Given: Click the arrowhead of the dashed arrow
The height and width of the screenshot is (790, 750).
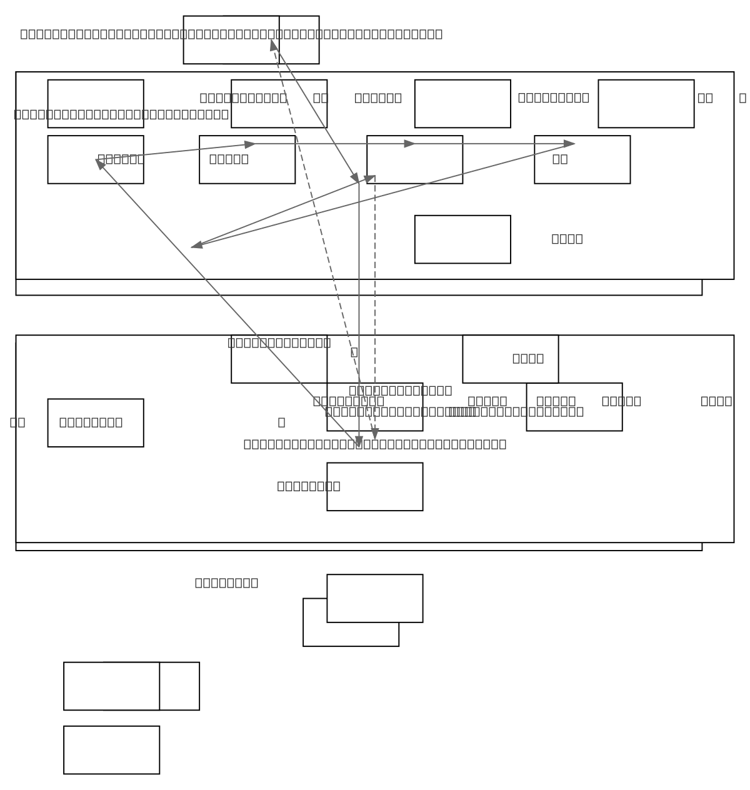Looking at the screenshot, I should click(x=374, y=434).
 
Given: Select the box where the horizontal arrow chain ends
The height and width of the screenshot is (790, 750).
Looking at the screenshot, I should click(x=582, y=159).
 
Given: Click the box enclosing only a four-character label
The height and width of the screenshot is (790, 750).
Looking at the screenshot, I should click(x=510, y=359).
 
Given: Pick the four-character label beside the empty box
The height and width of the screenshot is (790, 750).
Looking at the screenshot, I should click(x=567, y=239).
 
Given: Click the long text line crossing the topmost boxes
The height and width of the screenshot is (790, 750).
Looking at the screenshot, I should click(x=231, y=34).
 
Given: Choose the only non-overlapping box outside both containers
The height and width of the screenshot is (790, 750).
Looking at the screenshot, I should click(x=111, y=750).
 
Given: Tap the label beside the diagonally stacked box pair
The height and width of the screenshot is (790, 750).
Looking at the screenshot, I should click(x=226, y=582).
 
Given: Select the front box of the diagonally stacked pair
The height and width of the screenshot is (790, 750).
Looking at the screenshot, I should click(x=374, y=598).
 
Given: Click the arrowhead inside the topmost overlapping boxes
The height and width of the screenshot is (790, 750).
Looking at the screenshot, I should click(x=273, y=45).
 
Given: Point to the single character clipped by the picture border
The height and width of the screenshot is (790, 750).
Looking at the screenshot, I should click(x=742, y=97).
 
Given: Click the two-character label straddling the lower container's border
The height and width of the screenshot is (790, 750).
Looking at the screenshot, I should click(x=17, y=422).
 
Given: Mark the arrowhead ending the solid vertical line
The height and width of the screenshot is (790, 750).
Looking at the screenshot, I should click(x=359, y=441).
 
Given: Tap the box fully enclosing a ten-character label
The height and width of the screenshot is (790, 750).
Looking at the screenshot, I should click(x=95, y=422).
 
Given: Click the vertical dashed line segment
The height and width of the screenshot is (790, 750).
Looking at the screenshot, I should click(x=375, y=281).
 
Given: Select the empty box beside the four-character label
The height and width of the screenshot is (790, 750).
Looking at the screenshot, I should click(x=462, y=239).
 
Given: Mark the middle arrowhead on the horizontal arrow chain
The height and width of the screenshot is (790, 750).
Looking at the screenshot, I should click(x=410, y=144).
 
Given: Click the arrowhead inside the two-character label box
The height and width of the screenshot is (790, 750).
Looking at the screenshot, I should click(x=569, y=144).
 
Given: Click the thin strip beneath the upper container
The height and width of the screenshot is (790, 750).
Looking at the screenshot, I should click(x=358, y=287).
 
